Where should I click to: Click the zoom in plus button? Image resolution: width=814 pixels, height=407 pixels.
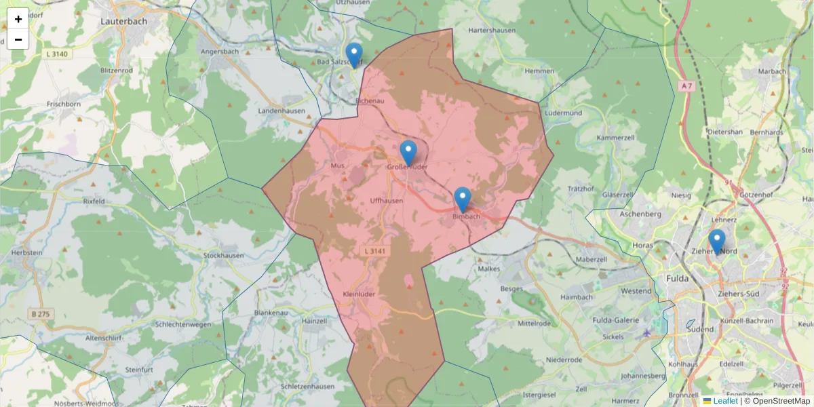point(18,19)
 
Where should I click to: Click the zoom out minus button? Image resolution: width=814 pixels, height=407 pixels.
point(18,39)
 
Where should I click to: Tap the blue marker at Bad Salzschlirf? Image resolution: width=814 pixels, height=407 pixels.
point(354,54)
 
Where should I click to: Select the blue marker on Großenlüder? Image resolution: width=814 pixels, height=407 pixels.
point(408,152)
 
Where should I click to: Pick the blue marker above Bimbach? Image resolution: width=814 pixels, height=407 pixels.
point(463,199)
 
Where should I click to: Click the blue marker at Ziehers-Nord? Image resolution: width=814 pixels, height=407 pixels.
point(717,241)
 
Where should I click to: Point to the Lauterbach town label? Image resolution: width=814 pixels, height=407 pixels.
point(123,21)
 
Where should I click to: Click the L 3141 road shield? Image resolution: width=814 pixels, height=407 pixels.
point(374,252)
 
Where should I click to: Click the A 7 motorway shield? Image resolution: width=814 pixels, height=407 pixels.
point(686,85)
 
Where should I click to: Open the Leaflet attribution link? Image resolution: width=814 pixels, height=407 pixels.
point(725,401)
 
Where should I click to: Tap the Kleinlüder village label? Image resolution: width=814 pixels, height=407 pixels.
point(360,294)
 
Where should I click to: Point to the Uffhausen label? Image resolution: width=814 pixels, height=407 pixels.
point(387,201)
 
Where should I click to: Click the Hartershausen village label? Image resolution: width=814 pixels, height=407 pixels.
point(492,31)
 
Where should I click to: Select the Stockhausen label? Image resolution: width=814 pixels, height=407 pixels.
point(224,256)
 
